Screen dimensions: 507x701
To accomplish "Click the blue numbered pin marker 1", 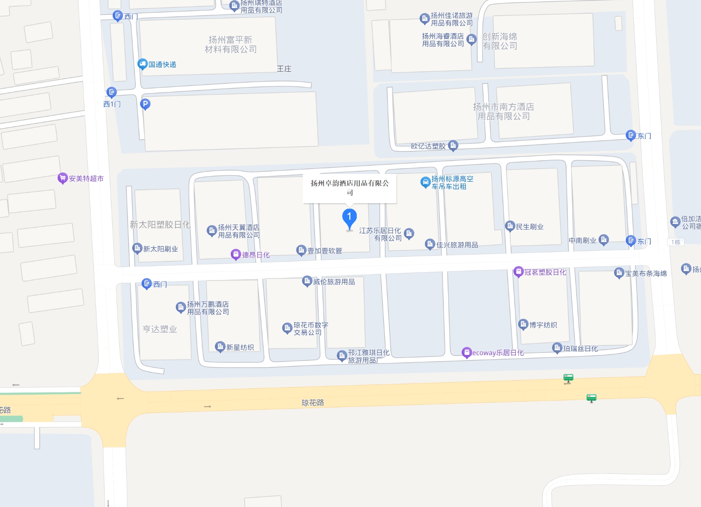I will pos(349,218).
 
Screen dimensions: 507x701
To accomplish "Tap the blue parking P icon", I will pos(145,104).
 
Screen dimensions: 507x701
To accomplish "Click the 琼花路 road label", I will pos(313,402).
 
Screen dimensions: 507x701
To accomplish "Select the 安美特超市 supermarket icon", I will pos(62,178).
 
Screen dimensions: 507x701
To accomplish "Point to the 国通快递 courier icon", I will pos(142,64).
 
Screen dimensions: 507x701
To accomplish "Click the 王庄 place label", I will pos(284,69).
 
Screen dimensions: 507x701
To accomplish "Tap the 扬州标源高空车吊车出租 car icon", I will pos(425,182).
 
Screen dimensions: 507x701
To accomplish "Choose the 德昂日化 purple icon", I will pos(235,255).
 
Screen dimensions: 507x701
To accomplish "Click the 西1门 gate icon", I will pos(112,92).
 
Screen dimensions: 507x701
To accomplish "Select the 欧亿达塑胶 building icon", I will pos(453,145).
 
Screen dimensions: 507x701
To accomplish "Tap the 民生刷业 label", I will pos(529,227).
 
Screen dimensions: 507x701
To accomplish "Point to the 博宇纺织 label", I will pos(543,325).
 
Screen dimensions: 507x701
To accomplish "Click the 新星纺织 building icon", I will pos(220,346).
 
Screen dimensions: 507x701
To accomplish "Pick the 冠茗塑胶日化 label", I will pos(545,272).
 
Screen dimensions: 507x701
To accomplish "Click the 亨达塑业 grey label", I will pos(160,329).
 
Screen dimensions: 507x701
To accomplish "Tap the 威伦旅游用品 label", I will pos(334,282).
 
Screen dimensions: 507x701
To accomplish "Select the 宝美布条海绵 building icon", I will pos(619,273).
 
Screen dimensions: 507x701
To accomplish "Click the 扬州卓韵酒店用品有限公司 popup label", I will pos(350,187).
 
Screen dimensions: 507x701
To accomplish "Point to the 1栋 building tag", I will pos(676,242).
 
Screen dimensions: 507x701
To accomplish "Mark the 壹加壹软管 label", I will pos(325,251).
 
